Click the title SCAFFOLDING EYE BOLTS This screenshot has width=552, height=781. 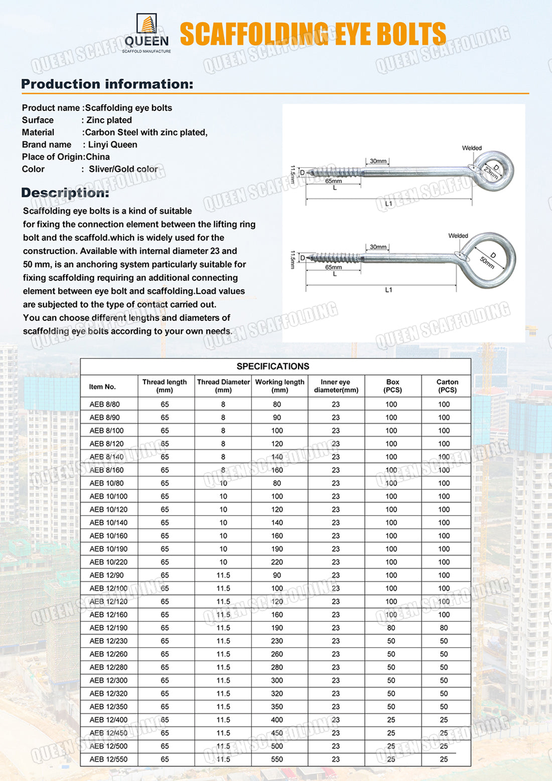click(313, 34)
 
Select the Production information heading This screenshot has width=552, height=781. click(107, 84)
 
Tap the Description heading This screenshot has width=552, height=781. click(65, 193)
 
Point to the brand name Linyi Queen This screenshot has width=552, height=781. click(112, 145)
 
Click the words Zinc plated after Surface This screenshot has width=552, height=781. click(109, 120)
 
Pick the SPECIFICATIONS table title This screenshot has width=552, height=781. click(273, 366)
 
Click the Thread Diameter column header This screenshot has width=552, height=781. click(223, 386)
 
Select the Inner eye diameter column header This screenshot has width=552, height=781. click(336, 386)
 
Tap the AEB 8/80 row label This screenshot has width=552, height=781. click(104, 405)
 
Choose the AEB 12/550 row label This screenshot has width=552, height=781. click(108, 759)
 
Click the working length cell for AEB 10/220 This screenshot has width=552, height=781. click(277, 562)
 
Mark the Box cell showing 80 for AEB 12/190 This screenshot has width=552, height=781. click(391, 628)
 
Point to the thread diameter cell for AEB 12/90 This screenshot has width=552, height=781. click(223, 575)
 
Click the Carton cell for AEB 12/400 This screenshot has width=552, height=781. click(444, 720)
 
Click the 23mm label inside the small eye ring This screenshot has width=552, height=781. click(491, 173)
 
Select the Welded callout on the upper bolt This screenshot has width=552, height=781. click(472, 148)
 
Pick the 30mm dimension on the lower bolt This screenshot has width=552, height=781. click(378, 247)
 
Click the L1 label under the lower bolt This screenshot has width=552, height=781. click(388, 290)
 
